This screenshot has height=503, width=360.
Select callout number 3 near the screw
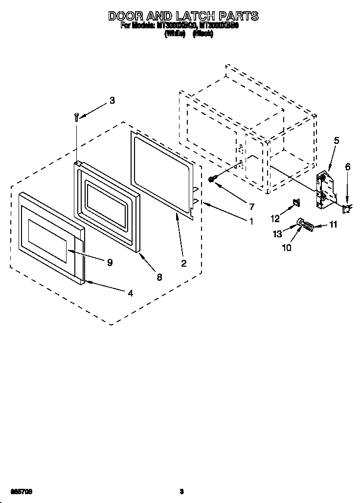tap(112, 101)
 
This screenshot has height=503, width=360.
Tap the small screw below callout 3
tap(76, 116)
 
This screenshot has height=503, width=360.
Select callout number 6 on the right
tap(348, 167)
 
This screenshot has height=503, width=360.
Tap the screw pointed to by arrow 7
tap(211, 180)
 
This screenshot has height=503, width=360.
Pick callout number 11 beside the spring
tap(333, 226)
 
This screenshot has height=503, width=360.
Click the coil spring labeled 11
tap(309, 226)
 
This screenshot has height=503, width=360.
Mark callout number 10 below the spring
tap(286, 248)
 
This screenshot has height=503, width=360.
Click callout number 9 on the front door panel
tap(110, 263)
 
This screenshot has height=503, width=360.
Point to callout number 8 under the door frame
tap(159, 277)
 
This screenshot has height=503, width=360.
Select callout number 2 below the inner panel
tap(183, 264)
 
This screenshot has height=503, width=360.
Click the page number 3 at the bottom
tap(181, 491)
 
